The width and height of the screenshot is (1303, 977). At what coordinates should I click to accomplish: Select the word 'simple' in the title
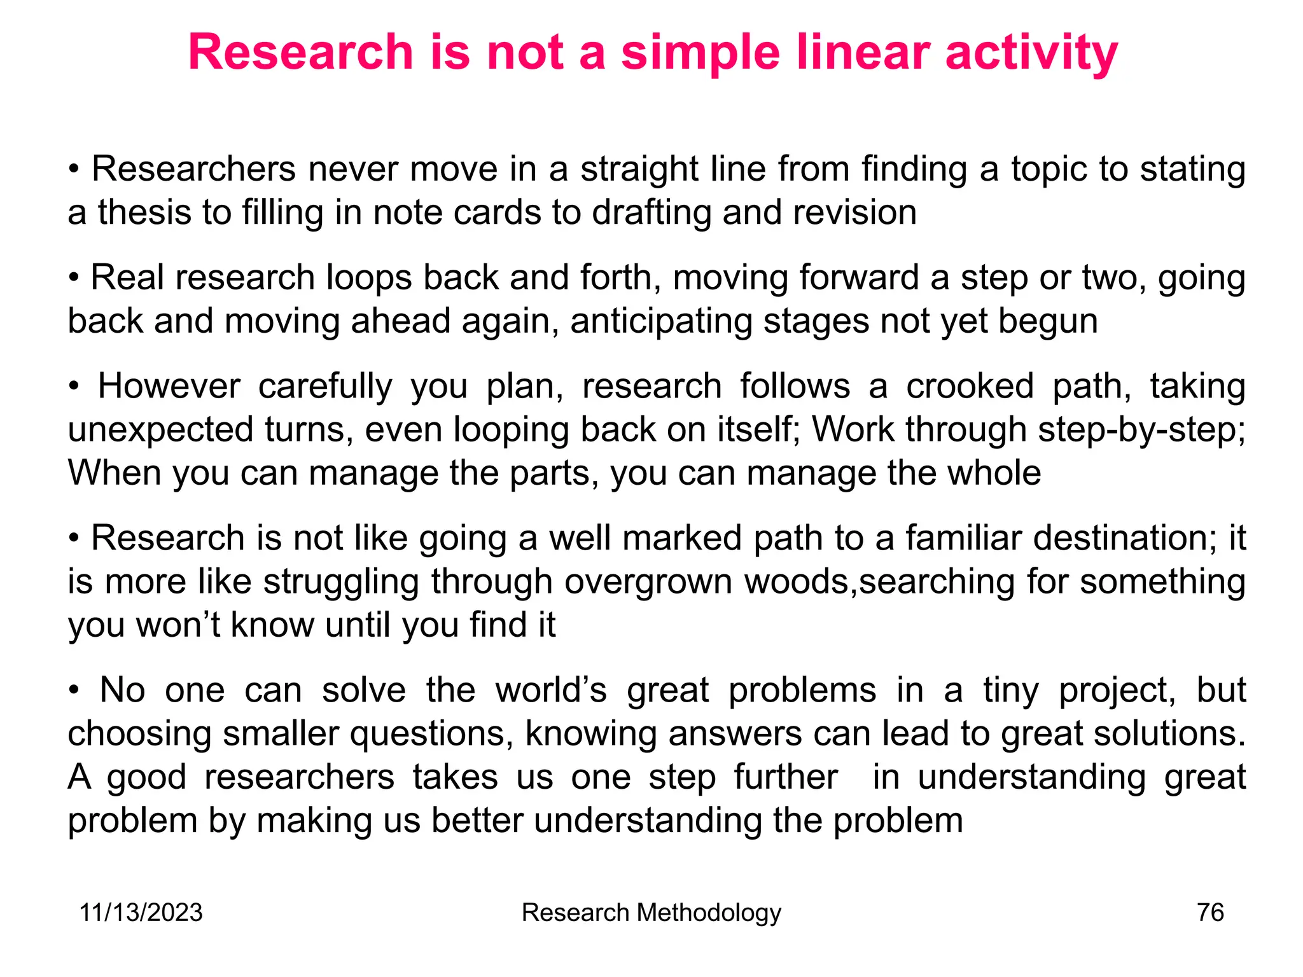(x=700, y=53)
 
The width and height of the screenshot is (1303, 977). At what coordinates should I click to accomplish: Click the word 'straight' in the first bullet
(x=639, y=170)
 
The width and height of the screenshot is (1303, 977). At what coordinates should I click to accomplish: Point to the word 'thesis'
(x=144, y=212)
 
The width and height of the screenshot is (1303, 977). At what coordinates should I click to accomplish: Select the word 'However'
(x=169, y=387)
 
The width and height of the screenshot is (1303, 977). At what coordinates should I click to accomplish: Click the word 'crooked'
(x=970, y=387)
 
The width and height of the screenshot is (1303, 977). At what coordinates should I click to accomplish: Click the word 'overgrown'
(x=648, y=582)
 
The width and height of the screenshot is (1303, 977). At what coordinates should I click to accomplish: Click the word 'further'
(x=785, y=777)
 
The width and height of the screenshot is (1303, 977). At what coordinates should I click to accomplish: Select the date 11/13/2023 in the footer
(x=141, y=913)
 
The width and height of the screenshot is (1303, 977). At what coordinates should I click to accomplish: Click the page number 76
(x=1210, y=913)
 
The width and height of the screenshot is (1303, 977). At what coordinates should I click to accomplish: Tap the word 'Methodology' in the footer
(x=709, y=913)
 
